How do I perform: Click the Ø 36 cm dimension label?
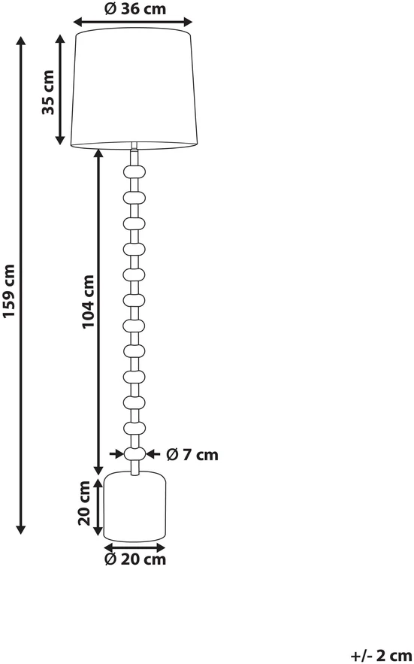[135, 9]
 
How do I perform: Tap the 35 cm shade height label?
[48, 92]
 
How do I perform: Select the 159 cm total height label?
[8, 290]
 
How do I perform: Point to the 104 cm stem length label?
[88, 301]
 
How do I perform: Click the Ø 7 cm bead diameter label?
[192, 455]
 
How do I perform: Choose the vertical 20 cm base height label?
[85, 503]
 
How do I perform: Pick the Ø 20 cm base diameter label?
[135, 559]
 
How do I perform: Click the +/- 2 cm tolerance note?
[381, 656]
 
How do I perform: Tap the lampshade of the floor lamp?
[134, 89]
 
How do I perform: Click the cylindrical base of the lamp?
[134, 506]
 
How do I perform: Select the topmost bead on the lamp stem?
[134, 171]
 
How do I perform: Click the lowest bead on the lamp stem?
[134, 453]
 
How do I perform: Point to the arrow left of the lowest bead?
[116, 454]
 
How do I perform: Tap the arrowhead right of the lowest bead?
[150, 454]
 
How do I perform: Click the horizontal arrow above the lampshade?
[133, 22]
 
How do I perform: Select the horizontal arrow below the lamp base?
[134, 547]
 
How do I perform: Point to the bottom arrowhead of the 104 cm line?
[98, 470]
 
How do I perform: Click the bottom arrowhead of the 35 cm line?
[60, 141]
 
